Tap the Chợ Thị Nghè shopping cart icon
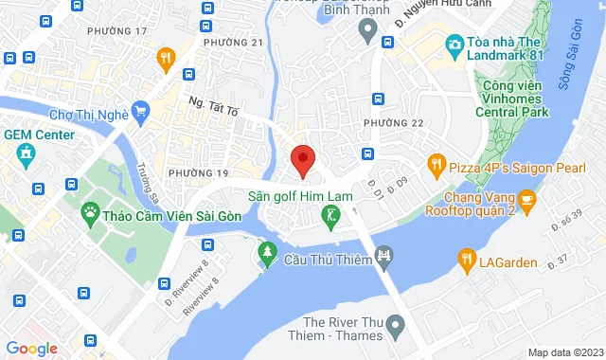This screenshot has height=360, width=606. (x=140, y=110)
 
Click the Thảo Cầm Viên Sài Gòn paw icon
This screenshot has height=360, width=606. (x=91, y=209)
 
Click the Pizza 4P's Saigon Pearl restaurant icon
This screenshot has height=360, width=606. (x=437, y=165)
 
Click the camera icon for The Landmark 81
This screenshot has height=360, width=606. (x=454, y=44)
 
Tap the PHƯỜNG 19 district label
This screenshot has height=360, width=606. (x=199, y=173)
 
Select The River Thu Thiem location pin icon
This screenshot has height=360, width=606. (x=395, y=325)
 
